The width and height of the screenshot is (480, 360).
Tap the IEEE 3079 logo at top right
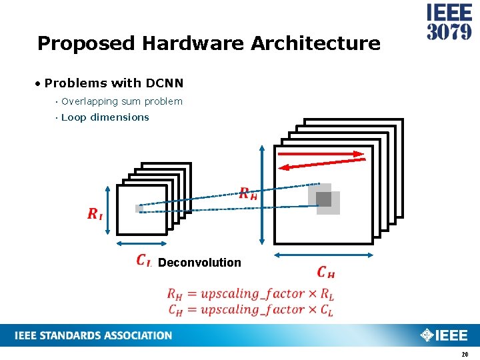449,23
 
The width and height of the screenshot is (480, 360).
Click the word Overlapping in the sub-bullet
89,101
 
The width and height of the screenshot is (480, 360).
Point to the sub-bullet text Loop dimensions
105,117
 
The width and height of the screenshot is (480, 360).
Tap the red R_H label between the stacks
248,194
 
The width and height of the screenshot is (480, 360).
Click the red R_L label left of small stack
95,214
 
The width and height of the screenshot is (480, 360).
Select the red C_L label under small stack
143,261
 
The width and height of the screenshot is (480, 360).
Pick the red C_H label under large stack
325,272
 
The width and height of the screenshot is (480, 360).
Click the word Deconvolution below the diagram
199,263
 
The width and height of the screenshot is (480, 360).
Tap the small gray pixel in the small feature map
139,209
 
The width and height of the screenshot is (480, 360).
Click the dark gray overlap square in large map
323,199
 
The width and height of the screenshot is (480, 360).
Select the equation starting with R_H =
250,293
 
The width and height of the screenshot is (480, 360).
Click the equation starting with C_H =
250,309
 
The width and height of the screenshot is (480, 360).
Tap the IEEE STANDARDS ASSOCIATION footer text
93,335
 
